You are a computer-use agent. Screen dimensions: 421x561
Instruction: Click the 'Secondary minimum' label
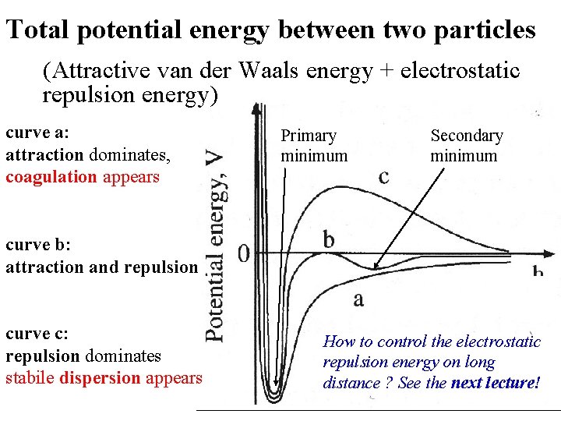click(466, 146)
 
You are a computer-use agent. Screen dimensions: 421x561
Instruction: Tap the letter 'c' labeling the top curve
click(383, 177)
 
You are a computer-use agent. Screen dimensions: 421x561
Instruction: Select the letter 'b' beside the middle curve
click(329, 239)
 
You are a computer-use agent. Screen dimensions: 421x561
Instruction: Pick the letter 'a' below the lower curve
click(358, 299)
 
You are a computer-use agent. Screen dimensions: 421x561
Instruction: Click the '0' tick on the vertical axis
click(244, 253)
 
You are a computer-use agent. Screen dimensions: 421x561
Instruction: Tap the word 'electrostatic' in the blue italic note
click(497, 341)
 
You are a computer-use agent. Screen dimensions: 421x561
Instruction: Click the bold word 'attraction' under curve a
click(44, 154)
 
